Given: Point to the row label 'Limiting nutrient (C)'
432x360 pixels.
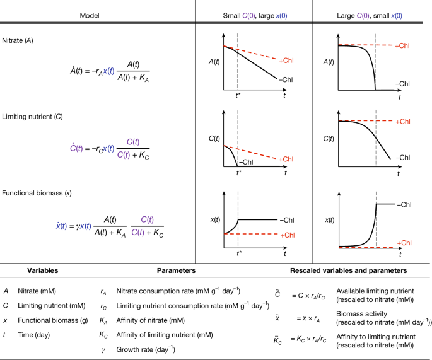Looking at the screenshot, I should click(32, 117).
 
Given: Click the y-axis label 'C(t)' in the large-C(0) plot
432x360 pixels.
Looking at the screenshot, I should click(329, 138).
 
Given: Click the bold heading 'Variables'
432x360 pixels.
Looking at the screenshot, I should click(43, 270).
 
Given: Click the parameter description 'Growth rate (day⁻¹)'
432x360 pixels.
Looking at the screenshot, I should click(146, 349).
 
